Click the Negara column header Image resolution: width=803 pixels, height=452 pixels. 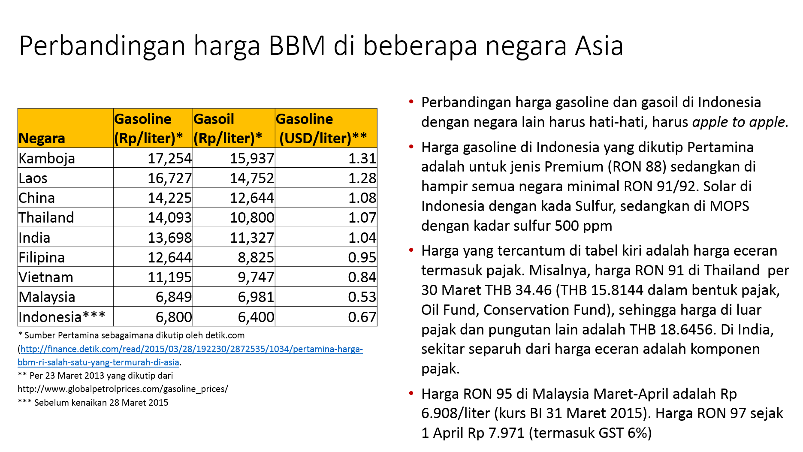pos(42,139)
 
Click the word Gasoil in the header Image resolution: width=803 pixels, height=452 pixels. pos(214,119)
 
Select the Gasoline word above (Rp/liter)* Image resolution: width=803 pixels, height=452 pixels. pos(142,119)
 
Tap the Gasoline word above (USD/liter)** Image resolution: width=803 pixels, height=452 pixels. pos(304,119)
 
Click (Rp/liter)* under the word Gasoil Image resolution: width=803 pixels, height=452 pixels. pos(227,139)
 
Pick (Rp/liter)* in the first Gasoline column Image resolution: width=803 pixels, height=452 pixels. pos(148,139)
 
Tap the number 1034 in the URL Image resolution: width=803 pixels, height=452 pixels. pos(279,349)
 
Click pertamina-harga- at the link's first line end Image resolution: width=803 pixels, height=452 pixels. pos(328,349)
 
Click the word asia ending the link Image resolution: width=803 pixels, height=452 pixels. pos(171,362)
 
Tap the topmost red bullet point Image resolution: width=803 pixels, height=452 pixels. pos(411,102)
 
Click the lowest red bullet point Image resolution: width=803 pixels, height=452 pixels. pos(411,393)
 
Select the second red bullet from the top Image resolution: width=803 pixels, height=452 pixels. pos(411,147)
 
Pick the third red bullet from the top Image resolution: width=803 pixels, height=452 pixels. pos(411,250)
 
